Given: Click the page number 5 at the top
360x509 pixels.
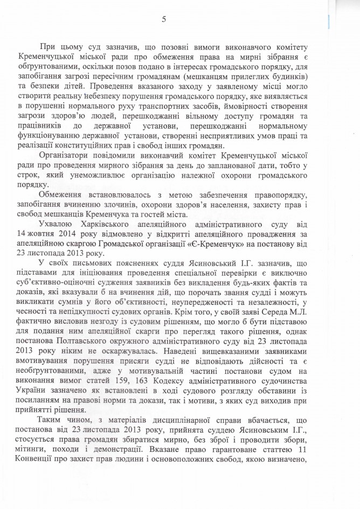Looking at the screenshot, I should pos(164,20).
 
